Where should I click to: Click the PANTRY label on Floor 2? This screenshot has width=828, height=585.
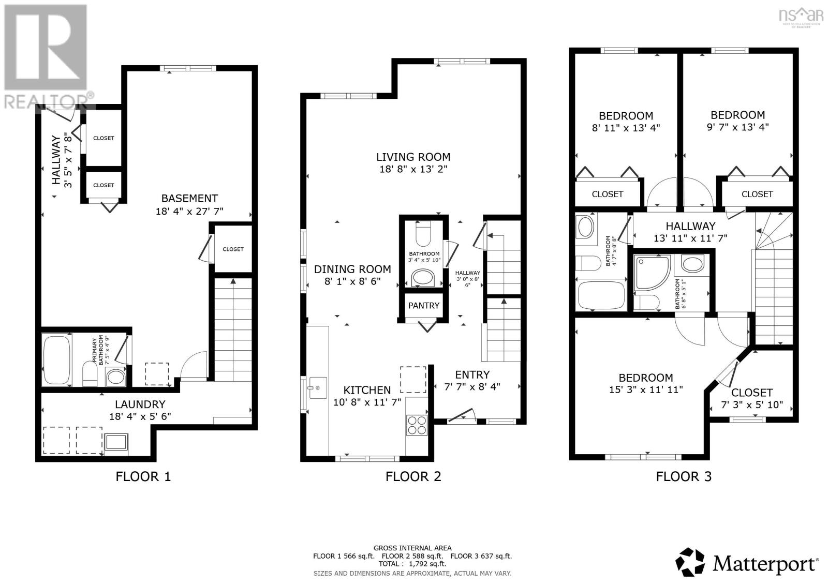click(x=423, y=306)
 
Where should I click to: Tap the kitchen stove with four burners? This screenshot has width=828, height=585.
click(x=417, y=425)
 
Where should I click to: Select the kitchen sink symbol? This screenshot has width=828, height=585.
click(x=316, y=387)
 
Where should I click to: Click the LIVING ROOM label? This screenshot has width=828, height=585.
click(x=413, y=157)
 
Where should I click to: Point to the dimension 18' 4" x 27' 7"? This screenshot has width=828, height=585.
click(x=189, y=211)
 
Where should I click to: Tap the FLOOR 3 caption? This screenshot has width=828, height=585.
click(x=684, y=476)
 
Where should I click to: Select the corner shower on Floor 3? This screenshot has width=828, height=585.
click(x=652, y=271)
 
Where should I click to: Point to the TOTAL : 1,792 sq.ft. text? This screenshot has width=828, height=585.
click(x=412, y=564)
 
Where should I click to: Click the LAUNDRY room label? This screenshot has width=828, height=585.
click(x=140, y=404)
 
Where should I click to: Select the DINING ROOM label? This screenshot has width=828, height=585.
click(x=352, y=269)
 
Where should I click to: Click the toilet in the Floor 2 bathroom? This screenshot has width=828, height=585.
click(x=423, y=234)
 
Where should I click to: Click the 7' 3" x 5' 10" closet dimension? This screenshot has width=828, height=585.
click(x=751, y=405)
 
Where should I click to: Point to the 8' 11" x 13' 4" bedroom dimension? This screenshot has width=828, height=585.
click(x=626, y=128)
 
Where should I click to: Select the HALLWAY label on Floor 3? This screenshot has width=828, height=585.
click(x=690, y=226)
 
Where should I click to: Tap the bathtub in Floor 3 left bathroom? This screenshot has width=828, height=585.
click(x=600, y=295)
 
